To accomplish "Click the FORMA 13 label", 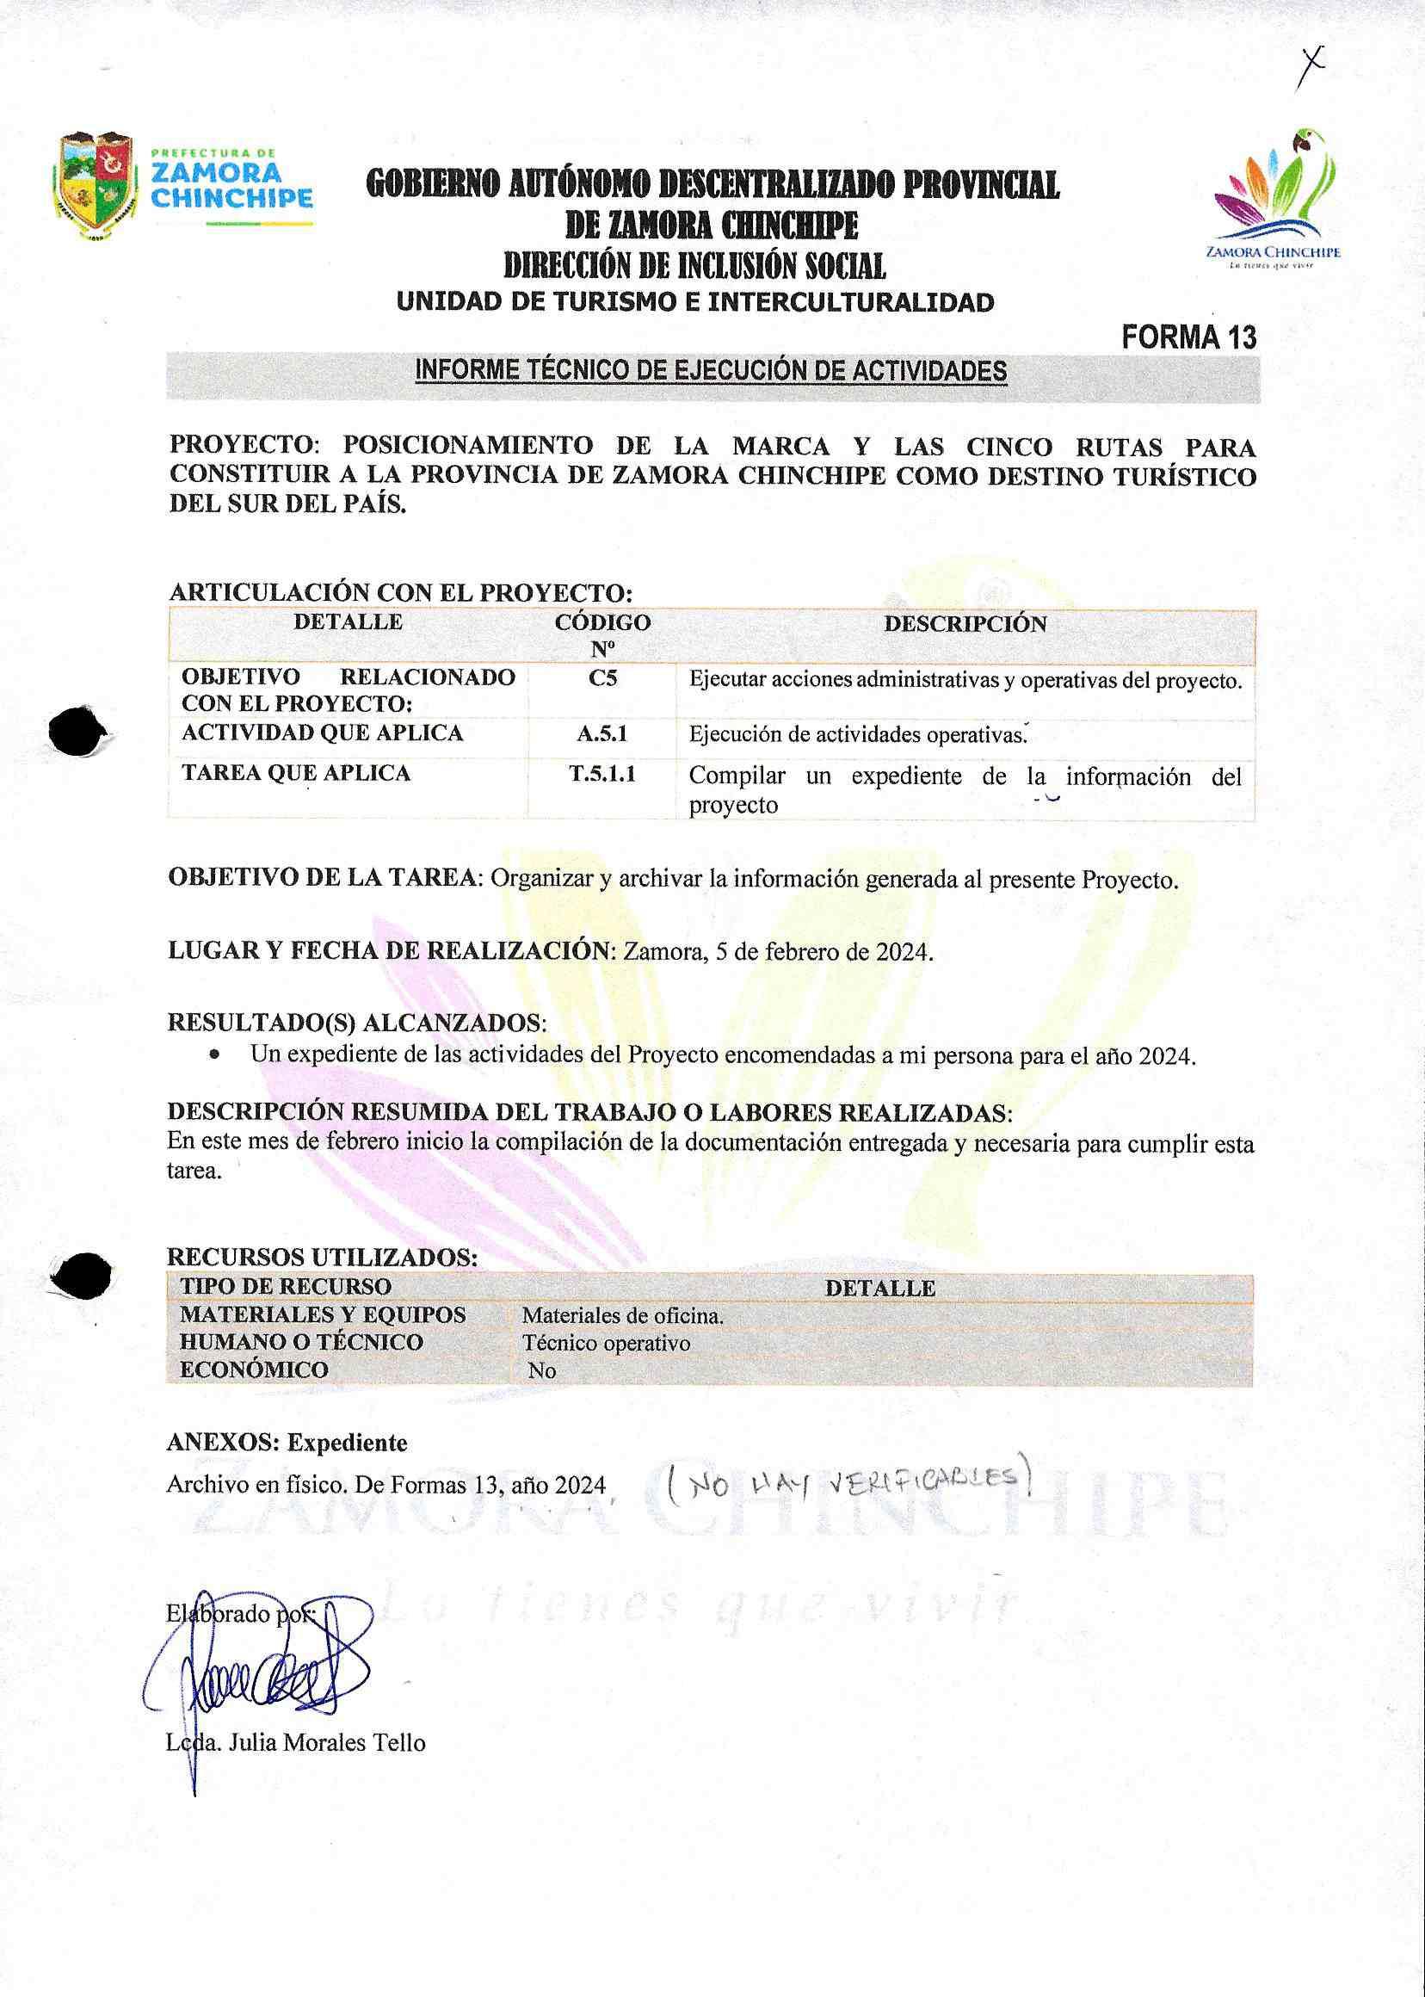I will coord(1189,337).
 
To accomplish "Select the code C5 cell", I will coord(602,678).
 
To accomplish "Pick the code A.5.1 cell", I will coord(602,734).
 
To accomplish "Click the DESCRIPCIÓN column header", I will coord(965,624).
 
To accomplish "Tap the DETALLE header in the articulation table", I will coord(348,621).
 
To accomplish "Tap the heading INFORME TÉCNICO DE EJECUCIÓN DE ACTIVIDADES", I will coord(711,371).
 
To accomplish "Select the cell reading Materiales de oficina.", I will coord(622,1316).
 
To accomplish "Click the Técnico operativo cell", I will coord(606,1343).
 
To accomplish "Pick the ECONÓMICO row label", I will coord(254,1369).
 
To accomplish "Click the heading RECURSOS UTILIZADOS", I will coord(322,1258).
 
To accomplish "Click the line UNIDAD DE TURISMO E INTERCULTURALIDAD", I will coord(695,303).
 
